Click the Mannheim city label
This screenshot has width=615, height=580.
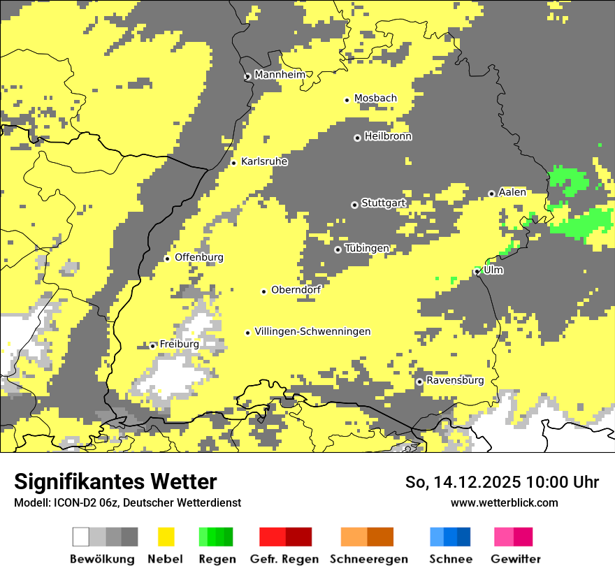click(x=280, y=75)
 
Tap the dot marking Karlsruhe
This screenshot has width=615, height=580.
click(x=233, y=163)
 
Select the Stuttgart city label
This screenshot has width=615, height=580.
click(x=383, y=203)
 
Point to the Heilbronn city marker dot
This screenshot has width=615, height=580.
click(x=357, y=138)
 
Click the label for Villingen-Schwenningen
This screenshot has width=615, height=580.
click(x=312, y=332)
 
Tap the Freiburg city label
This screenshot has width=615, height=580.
click(x=179, y=345)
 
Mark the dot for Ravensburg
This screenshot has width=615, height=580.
click(x=419, y=382)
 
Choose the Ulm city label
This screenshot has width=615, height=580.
click(x=493, y=270)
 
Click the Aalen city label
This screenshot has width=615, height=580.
click(x=512, y=192)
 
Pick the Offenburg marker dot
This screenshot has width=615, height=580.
click(x=167, y=259)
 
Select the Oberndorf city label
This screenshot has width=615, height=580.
click(x=296, y=290)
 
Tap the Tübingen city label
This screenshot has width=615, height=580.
click(x=367, y=249)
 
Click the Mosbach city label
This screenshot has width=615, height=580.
click(x=375, y=99)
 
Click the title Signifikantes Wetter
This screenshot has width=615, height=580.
click(x=115, y=481)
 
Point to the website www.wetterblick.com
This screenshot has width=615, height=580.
click(x=504, y=502)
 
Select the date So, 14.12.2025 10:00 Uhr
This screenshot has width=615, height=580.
click(x=502, y=482)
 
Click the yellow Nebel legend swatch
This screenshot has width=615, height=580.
click(x=166, y=537)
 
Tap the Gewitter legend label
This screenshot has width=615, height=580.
click(x=515, y=559)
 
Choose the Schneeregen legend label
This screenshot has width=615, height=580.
click(x=369, y=559)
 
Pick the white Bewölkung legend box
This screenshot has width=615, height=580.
click(x=81, y=537)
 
